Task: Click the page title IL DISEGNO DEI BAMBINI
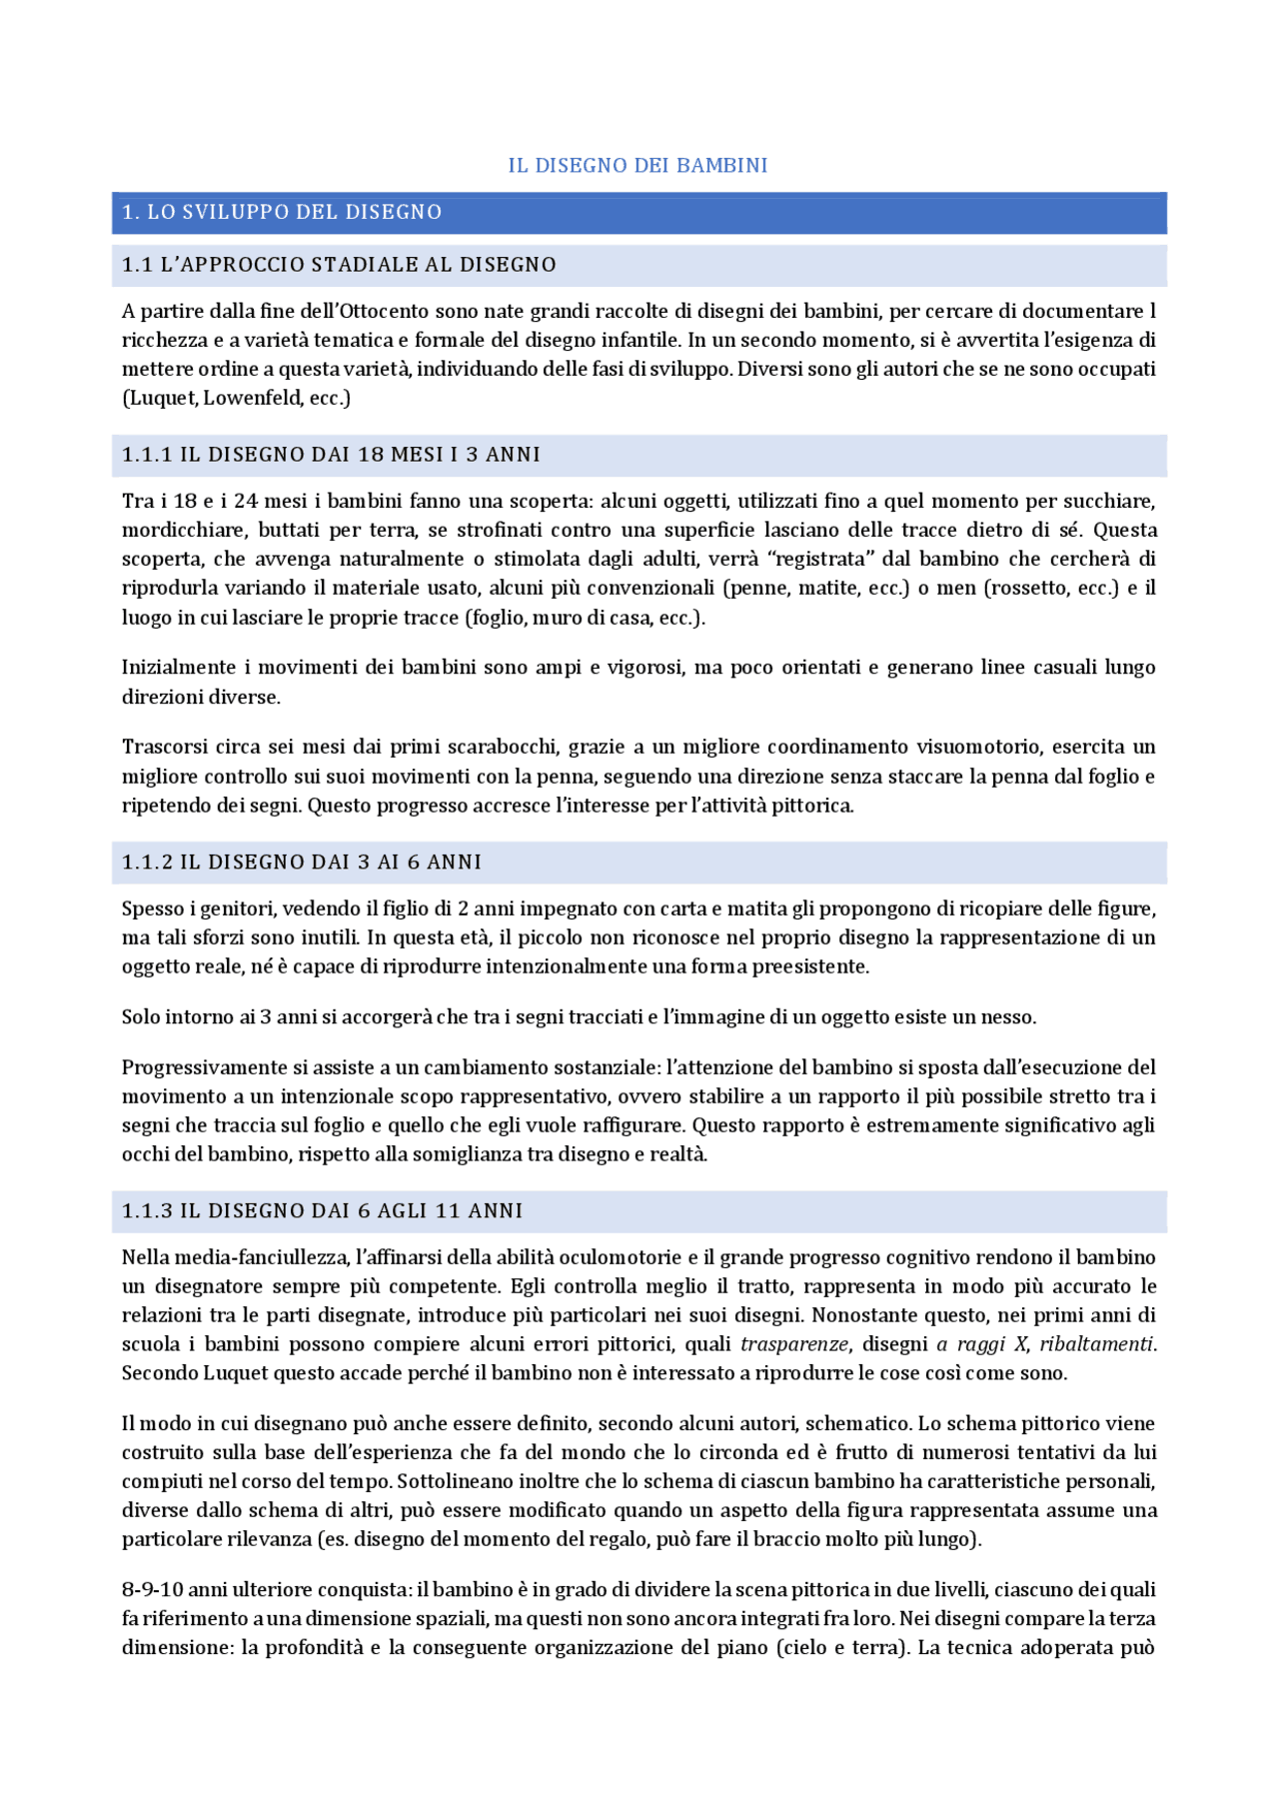tap(638, 166)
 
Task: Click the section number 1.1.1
tap(147, 455)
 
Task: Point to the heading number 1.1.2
tap(147, 863)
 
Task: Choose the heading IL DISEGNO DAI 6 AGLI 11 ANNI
tap(351, 1211)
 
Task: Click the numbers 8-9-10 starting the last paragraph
tap(152, 1589)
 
